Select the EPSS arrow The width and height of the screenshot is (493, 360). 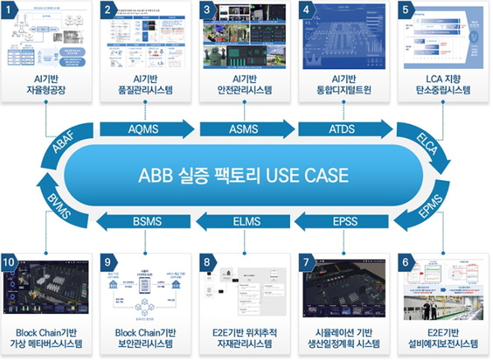point(343,220)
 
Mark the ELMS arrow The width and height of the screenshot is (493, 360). point(246,220)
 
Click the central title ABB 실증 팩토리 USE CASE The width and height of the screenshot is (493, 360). point(246,175)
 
